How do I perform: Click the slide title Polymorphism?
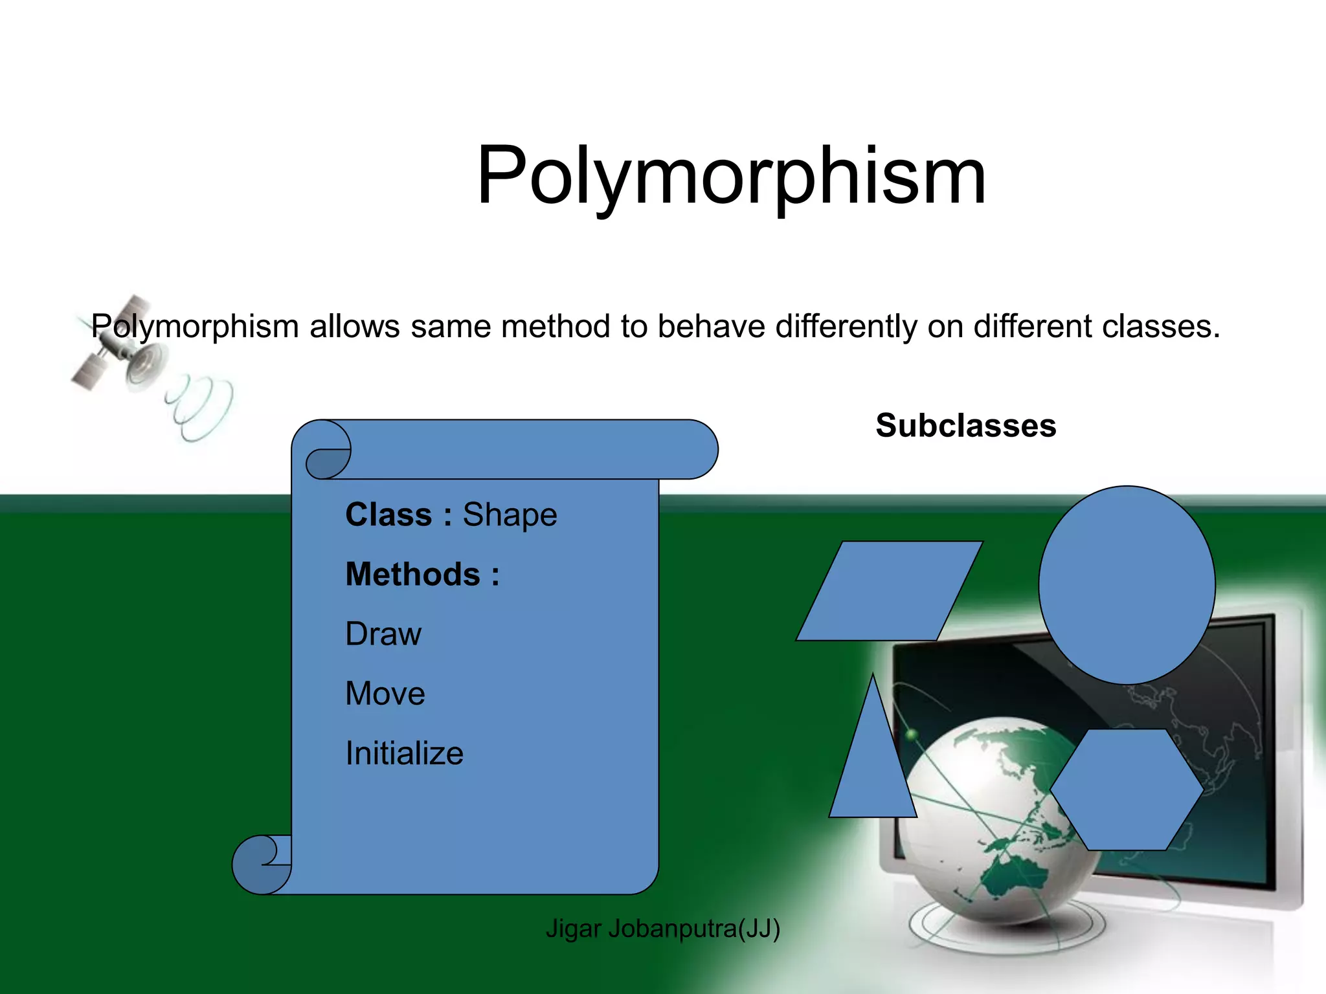731,177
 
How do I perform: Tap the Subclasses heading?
965,426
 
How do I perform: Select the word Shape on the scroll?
510,515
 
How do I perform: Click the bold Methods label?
422,575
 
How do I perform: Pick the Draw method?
383,634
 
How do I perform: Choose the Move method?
385,694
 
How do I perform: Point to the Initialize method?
404,753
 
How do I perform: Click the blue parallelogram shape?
889,591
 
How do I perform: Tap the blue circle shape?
1127,584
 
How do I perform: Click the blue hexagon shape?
1127,790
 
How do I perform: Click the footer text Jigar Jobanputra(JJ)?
662,929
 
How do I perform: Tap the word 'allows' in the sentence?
354,327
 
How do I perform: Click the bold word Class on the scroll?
388,515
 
